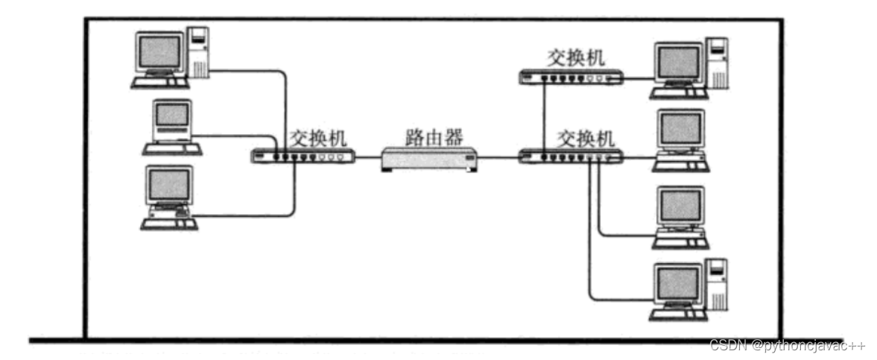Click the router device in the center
(428, 158)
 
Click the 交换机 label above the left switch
(319, 138)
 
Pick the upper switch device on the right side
(570, 77)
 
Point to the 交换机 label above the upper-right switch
(576, 57)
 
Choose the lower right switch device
(570, 157)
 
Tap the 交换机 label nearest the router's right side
(586, 138)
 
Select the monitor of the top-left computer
(159, 52)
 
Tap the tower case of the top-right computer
(716, 63)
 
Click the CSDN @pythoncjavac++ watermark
(788, 346)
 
